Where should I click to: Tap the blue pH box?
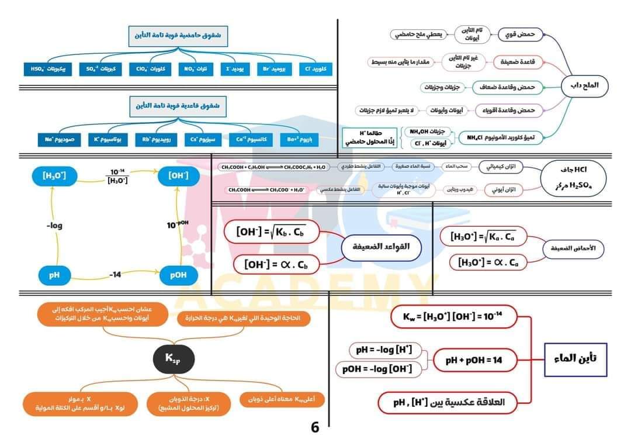tap(55, 274)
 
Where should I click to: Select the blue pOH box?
tap(178, 274)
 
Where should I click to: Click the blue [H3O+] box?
tap(55, 175)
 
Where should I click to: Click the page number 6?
tap(315, 427)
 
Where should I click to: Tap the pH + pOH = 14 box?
tap(473, 360)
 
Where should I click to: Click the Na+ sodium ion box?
tap(56, 140)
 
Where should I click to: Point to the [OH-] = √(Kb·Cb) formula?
tap(273, 231)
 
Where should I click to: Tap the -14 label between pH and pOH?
tap(115, 274)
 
